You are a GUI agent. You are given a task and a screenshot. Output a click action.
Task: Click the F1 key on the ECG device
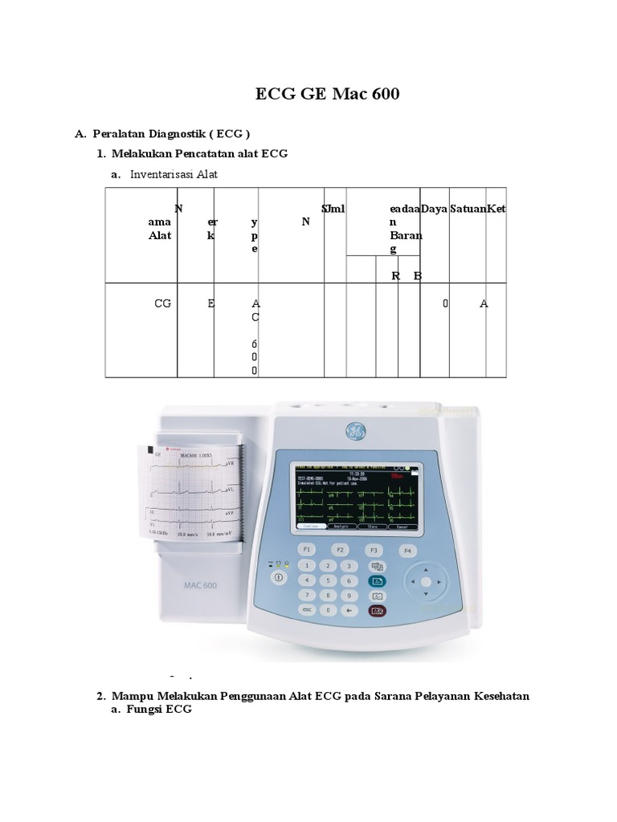[306, 550]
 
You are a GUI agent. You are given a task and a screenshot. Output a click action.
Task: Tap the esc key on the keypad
[306, 610]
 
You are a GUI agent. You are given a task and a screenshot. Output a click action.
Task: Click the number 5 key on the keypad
[328, 580]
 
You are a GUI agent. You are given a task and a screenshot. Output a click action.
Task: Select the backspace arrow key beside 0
[349, 610]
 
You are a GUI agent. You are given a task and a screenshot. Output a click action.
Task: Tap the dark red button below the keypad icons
[377, 611]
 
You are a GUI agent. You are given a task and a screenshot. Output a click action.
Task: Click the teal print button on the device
[377, 580]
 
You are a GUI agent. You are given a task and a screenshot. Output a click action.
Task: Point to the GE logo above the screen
[354, 431]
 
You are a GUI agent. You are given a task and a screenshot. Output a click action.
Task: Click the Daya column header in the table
[434, 209]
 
